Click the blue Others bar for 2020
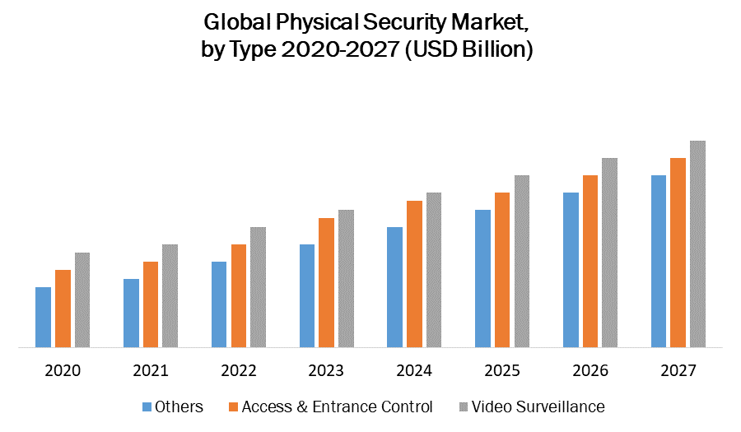point(43,317)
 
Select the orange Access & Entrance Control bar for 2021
point(151,304)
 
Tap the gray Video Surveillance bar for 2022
point(258,287)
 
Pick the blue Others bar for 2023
point(307,295)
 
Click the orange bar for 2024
point(414,274)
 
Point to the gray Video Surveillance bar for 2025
point(522,261)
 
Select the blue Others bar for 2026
point(571,270)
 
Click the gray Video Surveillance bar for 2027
point(697,244)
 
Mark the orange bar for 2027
point(678,253)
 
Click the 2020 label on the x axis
point(63,371)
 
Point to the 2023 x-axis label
point(326,371)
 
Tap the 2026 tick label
point(590,371)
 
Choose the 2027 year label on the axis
point(678,371)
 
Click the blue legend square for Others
point(147,406)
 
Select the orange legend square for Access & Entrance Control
point(234,406)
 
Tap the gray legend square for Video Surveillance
point(464,406)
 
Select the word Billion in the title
point(494,49)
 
